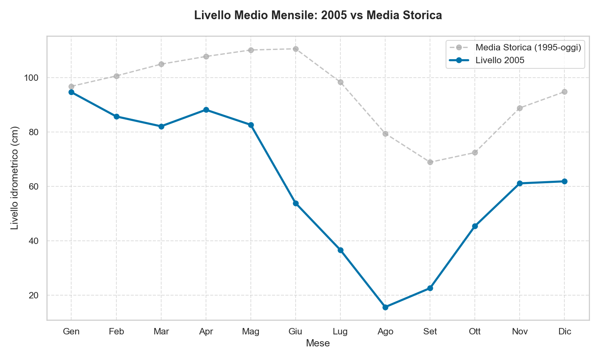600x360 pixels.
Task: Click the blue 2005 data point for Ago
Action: tap(385, 307)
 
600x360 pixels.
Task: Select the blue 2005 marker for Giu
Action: tap(296, 203)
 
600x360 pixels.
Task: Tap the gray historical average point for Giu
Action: tap(296, 49)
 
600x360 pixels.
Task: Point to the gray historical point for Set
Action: tap(430, 162)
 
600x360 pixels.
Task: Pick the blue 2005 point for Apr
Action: tap(206, 110)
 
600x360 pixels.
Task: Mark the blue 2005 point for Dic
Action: tap(564, 181)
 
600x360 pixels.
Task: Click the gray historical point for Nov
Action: tap(520, 108)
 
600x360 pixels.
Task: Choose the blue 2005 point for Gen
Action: tap(72, 92)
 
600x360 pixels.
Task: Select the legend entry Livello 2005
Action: tap(500, 60)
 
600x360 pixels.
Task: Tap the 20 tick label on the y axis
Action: tap(36, 295)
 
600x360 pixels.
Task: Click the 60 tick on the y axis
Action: tap(36, 186)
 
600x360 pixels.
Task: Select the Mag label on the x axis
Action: tap(251, 332)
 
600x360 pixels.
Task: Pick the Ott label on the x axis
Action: tap(475, 332)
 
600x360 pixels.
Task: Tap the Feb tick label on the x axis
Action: tap(116, 332)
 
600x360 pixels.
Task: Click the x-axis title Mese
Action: tap(318, 343)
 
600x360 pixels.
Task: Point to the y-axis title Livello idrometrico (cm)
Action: tap(14, 178)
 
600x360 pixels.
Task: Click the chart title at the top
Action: tap(318, 15)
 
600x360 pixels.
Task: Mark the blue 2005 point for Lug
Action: tap(340, 250)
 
